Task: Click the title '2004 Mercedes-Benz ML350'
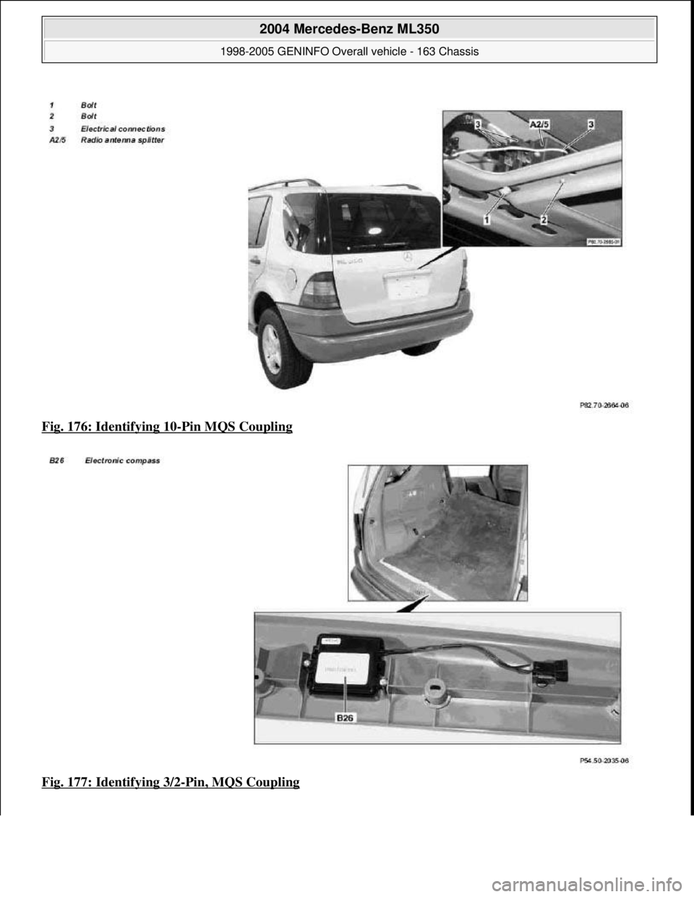348,30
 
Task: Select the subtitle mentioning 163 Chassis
348,52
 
